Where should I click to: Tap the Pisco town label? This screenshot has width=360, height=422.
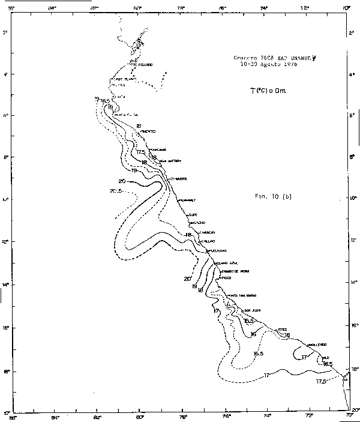(x=226, y=278)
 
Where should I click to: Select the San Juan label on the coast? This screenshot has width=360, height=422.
(x=251, y=310)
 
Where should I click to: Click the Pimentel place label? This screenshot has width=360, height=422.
(x=148, y=131)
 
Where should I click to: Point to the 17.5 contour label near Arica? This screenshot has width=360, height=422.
(x=322, y=382)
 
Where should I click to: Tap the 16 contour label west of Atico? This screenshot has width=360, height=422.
(x=254, y=334)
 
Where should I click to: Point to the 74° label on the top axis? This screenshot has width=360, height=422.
(x=265, y=8)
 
